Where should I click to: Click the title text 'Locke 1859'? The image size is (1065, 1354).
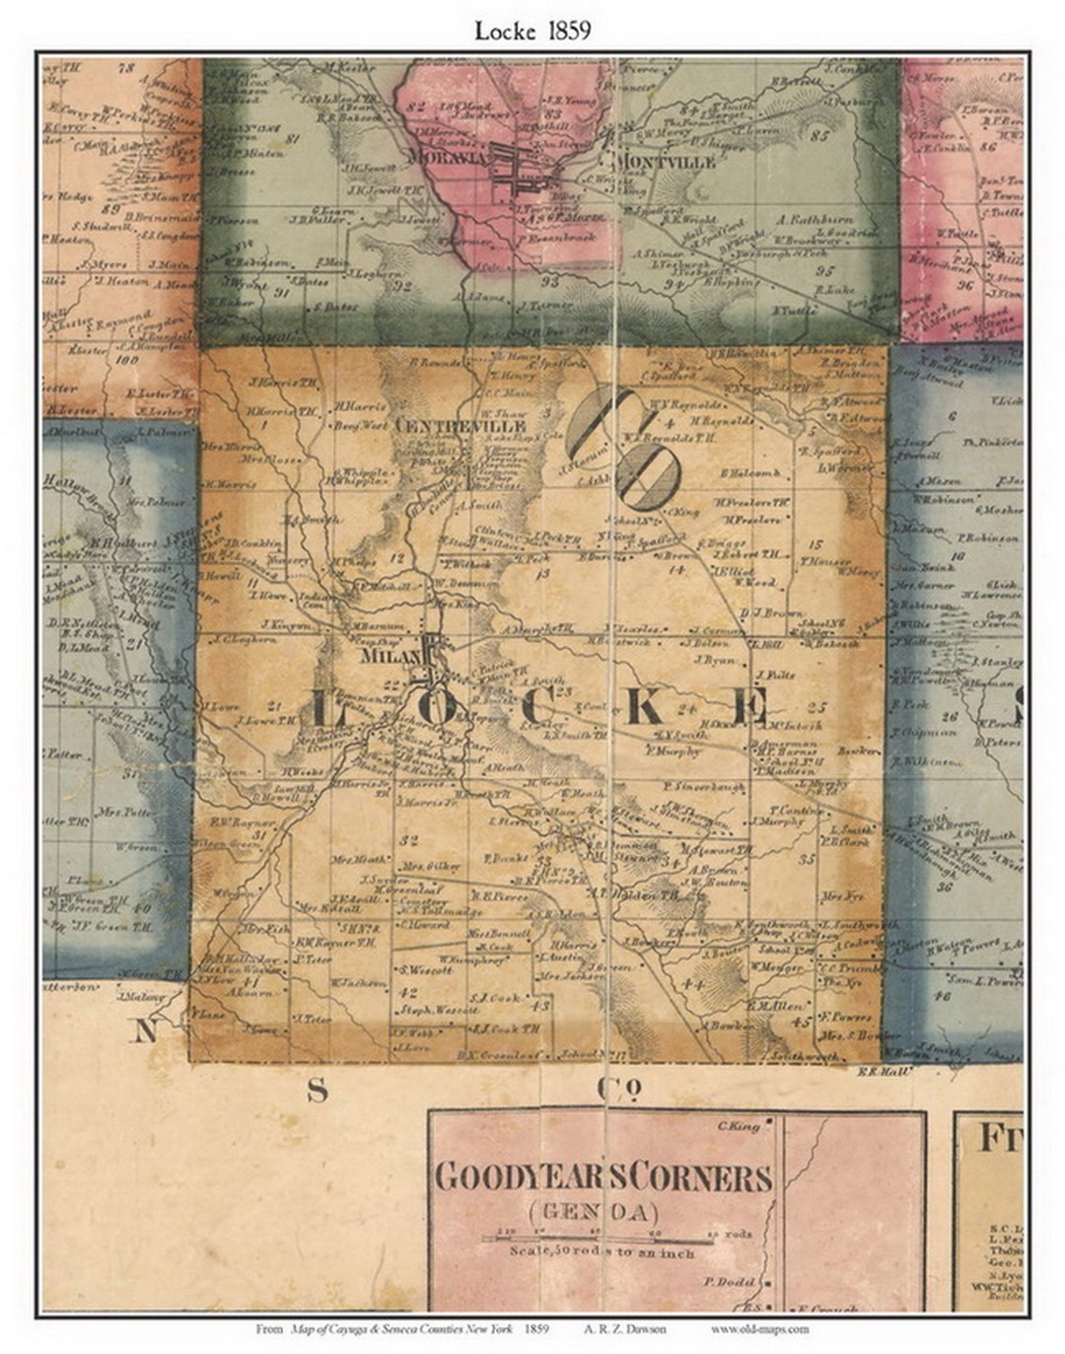coord(532,30)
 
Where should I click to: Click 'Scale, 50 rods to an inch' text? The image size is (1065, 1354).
coord(603,1253)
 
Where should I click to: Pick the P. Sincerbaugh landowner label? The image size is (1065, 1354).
coord(703,786)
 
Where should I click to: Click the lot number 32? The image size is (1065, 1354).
coord(411,839)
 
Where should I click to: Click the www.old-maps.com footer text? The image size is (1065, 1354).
coord(759,1328)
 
